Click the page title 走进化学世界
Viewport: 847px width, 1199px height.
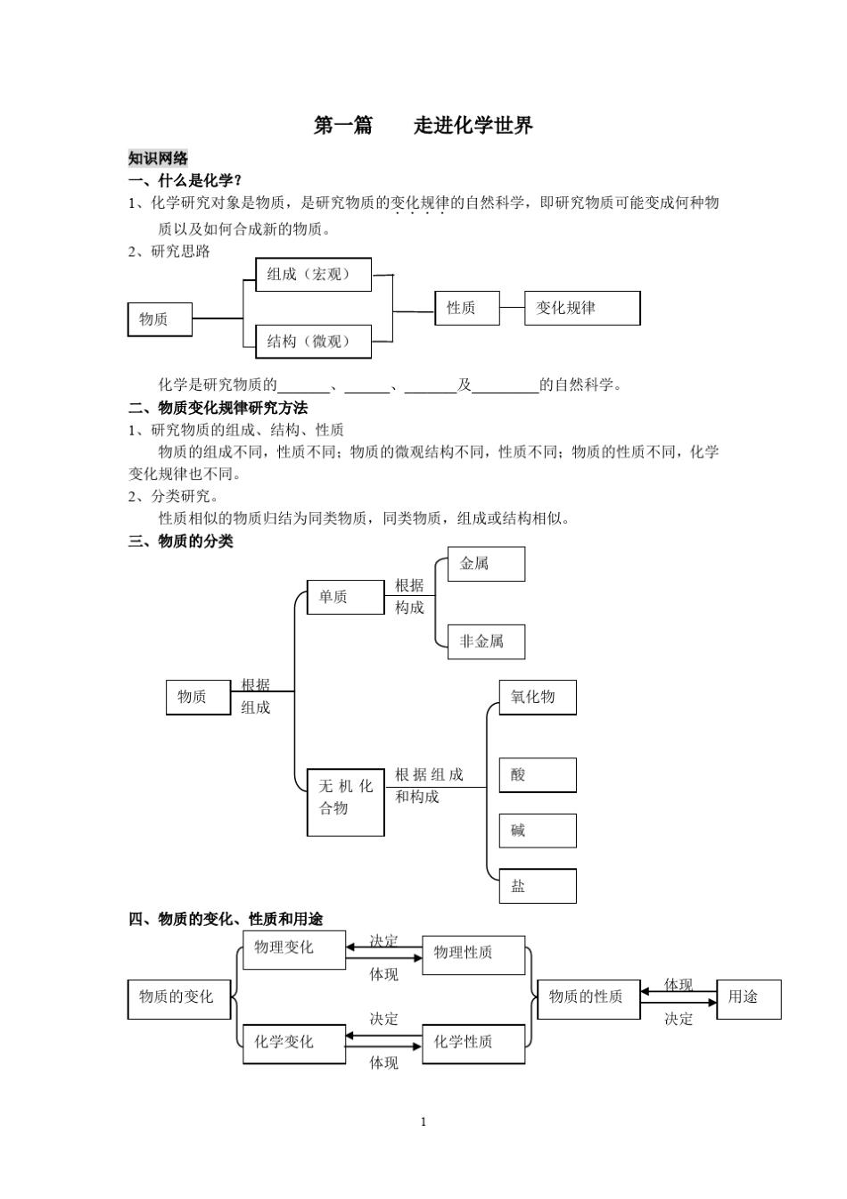(473, 125)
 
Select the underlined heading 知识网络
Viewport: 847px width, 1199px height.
(158, 158)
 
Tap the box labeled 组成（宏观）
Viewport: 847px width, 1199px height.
(313, 275)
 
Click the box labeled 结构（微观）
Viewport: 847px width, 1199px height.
(313, 342)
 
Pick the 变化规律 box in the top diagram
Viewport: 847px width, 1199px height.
(581, 308)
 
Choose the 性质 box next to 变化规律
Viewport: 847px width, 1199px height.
(466, 308)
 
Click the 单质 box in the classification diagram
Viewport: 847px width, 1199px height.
(345, 597)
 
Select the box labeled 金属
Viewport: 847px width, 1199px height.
(486, 564)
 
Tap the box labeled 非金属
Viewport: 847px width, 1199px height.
(486, 641)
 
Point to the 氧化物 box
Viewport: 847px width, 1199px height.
(537, 697)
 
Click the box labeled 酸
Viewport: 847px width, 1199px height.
(537, 775)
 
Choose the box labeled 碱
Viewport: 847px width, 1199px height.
(537, 831)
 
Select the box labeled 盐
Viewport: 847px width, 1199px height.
(537, 886)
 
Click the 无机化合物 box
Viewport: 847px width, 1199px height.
(345, 801)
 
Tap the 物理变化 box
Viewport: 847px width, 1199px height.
(293, 949)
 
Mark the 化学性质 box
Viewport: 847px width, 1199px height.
(473, 1042)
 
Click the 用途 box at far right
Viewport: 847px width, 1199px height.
(748, 998)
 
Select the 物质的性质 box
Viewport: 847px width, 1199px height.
(588, 998)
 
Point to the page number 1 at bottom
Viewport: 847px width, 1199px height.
(423, 1121)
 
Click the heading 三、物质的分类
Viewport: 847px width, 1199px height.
(181, 541)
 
